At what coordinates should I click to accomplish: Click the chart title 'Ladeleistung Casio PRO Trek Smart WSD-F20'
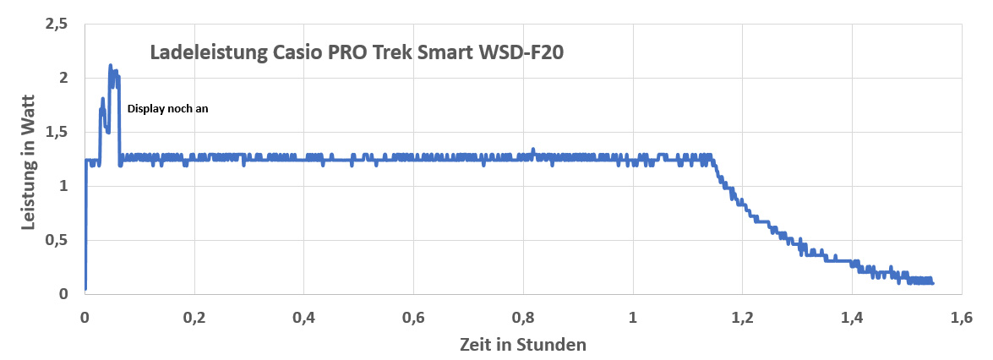[x=357, y=52]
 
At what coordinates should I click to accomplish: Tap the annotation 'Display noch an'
[x=167, y=108]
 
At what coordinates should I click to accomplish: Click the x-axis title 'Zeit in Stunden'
[x=523, y=344]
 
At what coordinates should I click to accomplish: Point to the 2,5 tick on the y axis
[x=56, y=25]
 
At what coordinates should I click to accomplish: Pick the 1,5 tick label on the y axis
[x=56, y=133]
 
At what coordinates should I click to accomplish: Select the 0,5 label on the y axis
[x=56, y=240]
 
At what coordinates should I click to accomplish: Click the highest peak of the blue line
[x=110, y=65]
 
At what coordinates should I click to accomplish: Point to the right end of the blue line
[x=933, y=282]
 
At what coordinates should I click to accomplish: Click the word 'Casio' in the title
[x=298, y=52]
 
